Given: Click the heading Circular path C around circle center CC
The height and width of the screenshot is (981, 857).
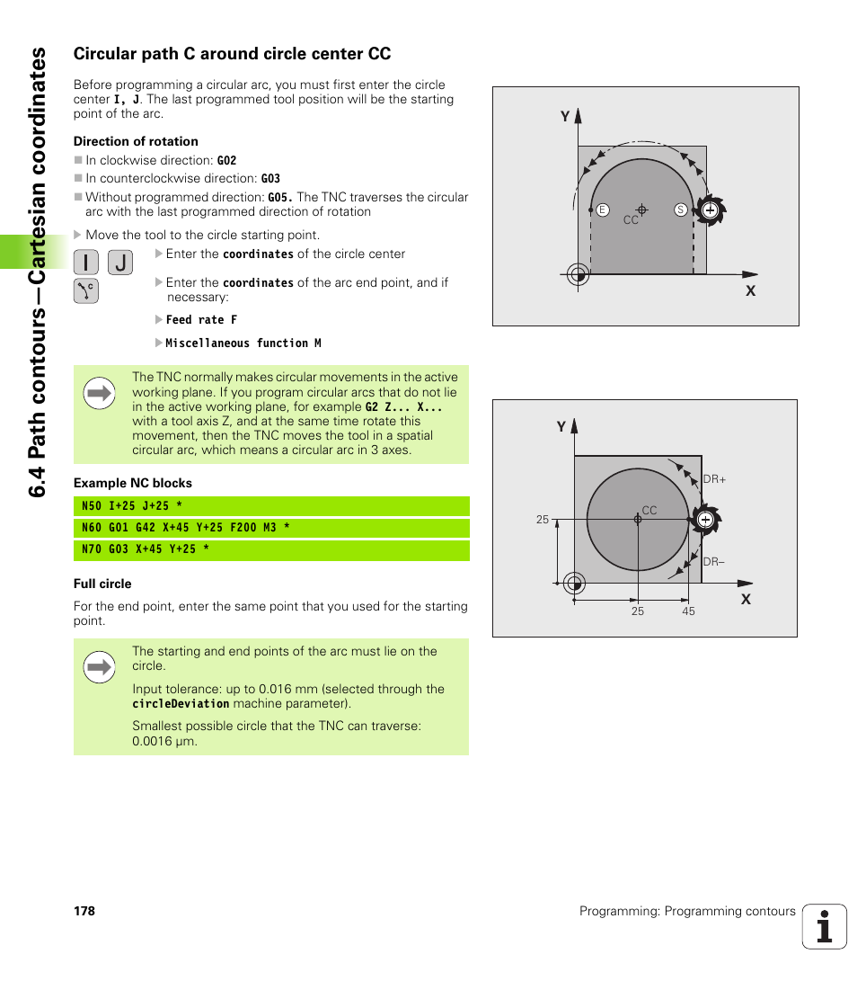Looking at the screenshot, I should click(232, 54).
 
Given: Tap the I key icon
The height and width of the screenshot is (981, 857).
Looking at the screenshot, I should click(86, 263).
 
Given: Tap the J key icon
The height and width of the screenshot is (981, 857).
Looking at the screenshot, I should click(120, 263).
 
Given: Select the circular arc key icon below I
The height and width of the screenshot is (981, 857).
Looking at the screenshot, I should click(86, 291).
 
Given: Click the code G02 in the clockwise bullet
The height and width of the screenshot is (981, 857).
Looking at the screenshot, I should click(226, 161).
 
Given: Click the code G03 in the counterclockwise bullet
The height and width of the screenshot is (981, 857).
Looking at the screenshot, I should click(270, 179).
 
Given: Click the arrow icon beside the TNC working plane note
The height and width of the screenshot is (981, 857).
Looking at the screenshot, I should click(99, 393).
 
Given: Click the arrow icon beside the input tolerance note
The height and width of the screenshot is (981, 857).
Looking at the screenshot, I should click(99, 667).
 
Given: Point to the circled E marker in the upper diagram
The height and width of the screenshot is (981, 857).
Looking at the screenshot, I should click(603, 210).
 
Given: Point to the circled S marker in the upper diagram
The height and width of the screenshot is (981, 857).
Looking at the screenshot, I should click(681, 210).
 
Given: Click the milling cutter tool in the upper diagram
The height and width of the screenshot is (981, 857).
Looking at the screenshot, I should click(710, 210).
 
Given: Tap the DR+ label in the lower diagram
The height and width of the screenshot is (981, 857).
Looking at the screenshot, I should click(714, 480).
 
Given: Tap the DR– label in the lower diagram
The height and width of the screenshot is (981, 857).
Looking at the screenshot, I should click(714, 562).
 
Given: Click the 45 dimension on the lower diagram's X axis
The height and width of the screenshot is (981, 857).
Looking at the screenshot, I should click(688, 611).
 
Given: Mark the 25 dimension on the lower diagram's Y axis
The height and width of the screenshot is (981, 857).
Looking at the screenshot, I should click(543, 520).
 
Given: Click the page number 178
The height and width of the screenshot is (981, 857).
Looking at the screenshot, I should click(84, 911).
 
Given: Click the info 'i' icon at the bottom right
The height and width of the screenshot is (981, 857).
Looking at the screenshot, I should click(825, 927).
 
